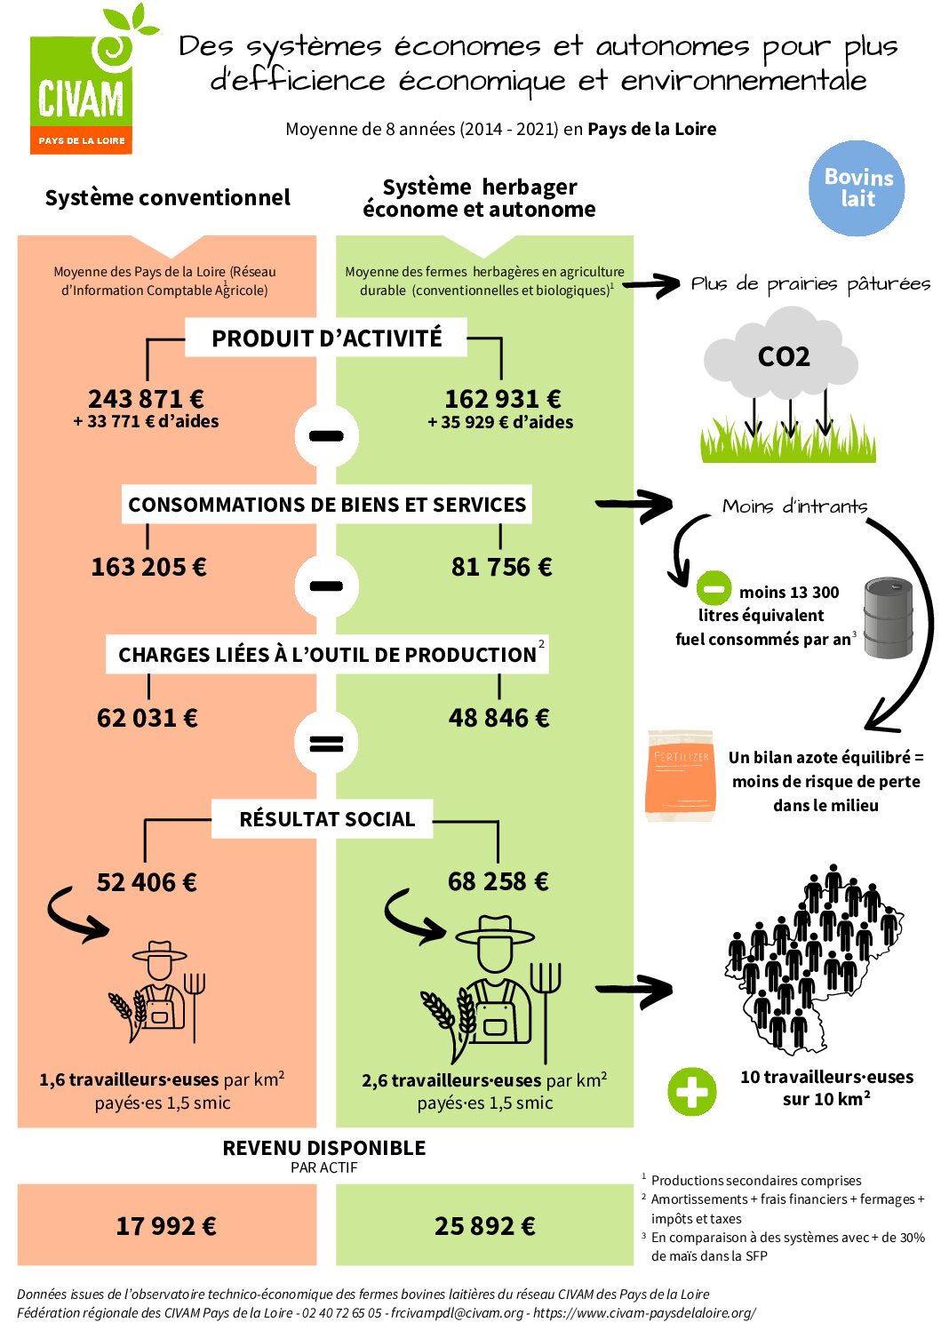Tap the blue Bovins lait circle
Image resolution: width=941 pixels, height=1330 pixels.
[x=857, y=188]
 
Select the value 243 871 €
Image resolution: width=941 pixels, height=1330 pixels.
[x=146, y=399]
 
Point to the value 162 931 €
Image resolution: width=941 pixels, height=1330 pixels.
[x=502, y=399]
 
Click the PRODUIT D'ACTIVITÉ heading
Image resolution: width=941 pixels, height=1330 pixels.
[x=326, y=338]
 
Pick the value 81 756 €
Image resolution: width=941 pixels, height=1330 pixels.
[x=501, y=567]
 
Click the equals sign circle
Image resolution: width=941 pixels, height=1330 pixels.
[x=326, y=744]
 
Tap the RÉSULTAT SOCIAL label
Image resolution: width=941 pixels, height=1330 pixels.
[x=326, y=819]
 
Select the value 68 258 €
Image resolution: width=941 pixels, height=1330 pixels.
[x=498, y=881]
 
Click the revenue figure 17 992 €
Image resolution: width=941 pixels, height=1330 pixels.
[x=166, y=1226]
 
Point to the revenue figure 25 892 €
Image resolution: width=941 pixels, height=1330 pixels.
[x=484, y=1226]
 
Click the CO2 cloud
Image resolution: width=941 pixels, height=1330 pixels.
[x=782, y=355]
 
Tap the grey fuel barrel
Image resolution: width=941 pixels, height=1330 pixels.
[x=888, y=617]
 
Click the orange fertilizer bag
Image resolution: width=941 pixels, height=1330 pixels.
[x=680, y=774]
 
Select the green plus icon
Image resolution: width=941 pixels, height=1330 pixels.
[x=691, y=1091]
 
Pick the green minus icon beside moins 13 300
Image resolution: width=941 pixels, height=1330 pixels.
[x=714, y=588]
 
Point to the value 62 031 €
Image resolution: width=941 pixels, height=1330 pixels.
[x=148, y=718]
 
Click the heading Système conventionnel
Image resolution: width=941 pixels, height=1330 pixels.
[x=167, y=197]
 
